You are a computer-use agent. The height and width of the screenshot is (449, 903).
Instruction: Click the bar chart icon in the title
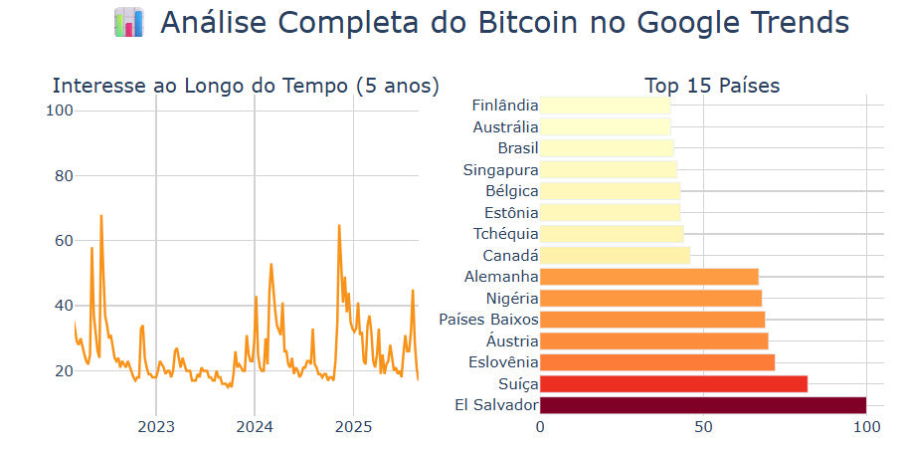click(129, 23)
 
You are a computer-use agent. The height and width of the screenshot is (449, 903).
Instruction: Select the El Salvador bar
click(702, 405)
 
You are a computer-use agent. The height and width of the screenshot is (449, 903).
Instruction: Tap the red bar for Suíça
click(673, 383)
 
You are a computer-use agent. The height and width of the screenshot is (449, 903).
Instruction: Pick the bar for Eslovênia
click(656, 362)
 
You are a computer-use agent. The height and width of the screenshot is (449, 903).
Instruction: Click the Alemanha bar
click(648, 277)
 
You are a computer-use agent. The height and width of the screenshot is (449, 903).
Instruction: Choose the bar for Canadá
click(615, 256)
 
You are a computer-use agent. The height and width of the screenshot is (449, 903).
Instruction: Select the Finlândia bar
click(605, 106)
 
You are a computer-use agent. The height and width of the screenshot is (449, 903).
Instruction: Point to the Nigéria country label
click(512, 299)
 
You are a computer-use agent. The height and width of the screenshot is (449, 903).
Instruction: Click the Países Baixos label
click(488, 320)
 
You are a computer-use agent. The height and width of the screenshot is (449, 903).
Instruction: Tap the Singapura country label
click(500, 170)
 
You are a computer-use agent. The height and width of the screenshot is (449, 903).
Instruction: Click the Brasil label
click(518, 148)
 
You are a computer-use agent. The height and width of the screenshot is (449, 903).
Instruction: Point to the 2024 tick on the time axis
click(254, 428)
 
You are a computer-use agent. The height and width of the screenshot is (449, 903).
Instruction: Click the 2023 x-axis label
click(155, 428)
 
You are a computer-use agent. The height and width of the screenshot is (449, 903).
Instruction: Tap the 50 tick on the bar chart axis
click(703, 428)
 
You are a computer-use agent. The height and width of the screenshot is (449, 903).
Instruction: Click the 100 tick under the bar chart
click(866, 428)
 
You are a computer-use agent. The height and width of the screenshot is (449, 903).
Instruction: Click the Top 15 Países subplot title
click(711, 86)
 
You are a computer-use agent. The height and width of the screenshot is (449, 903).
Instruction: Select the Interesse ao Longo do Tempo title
click(245, 86)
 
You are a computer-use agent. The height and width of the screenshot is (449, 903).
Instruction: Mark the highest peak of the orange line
click(100, 216)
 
